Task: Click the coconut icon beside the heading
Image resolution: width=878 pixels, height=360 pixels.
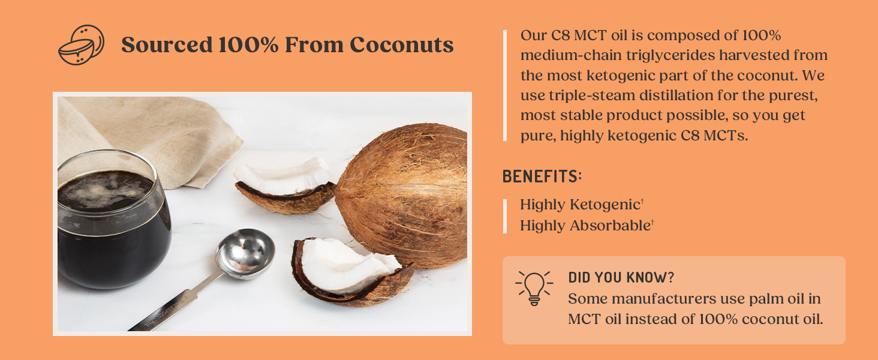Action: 81,45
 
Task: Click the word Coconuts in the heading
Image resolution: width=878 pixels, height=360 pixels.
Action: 401,45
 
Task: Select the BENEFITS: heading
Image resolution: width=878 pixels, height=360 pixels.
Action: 542,176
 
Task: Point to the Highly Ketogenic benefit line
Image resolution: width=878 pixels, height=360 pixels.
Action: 581,205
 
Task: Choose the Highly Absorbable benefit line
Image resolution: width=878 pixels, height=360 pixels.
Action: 586,226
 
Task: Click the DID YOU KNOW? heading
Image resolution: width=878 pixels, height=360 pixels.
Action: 621,278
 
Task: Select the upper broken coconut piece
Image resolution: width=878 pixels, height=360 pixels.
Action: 285,183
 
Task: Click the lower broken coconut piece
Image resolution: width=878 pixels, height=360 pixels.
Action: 348,270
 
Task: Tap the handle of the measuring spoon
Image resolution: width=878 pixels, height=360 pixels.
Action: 174,306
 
